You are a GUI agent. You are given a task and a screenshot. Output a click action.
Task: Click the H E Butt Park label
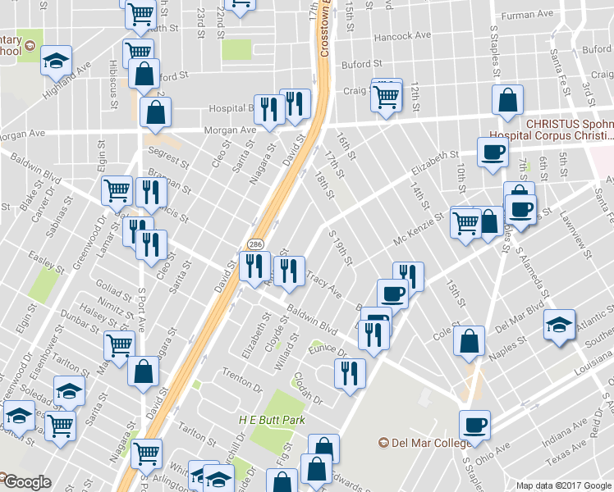point(266,419)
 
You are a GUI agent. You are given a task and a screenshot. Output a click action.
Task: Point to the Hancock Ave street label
point(401,36)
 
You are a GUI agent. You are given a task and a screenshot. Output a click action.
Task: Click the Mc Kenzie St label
point(419,230)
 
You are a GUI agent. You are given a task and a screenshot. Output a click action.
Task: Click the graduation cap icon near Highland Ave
point(57,61)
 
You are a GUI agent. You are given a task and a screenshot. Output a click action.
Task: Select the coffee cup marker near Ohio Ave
point(474,425)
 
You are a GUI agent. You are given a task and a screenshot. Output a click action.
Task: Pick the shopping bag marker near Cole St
point(468,344)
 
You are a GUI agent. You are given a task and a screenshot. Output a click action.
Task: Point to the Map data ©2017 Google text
point(563,485)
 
